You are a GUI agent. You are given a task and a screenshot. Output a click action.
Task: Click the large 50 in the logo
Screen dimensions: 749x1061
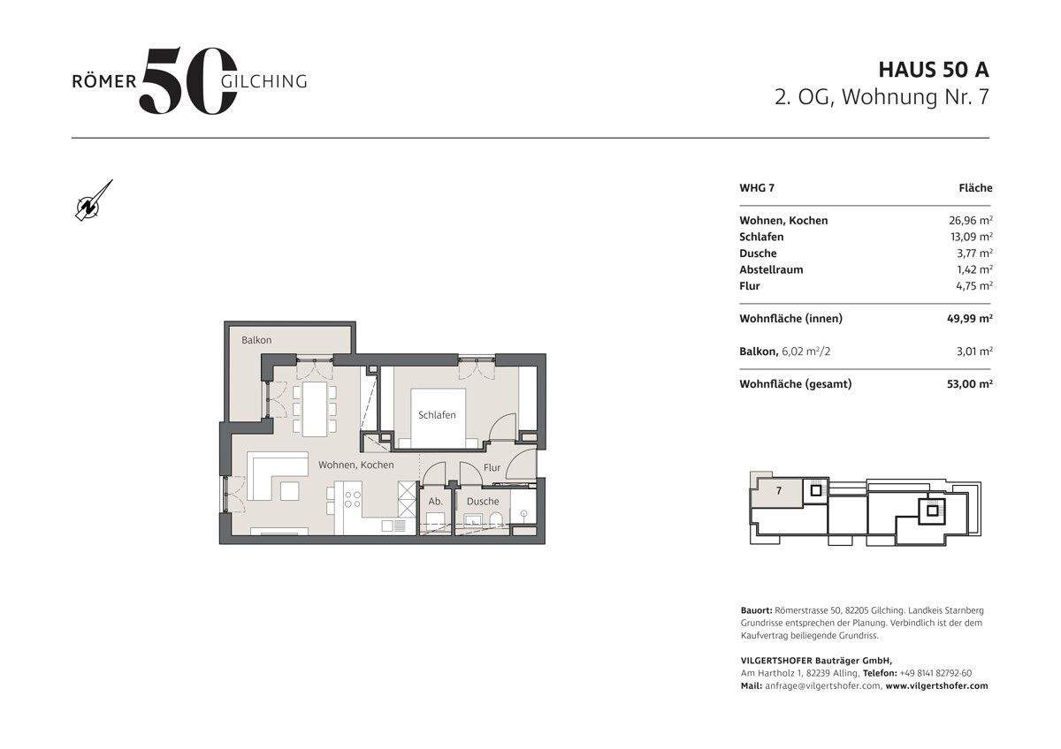click(187, 80)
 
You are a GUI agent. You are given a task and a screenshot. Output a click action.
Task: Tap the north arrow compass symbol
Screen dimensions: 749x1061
click(94, 200)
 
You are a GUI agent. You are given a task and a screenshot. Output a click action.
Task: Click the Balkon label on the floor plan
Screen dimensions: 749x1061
click(256, 340)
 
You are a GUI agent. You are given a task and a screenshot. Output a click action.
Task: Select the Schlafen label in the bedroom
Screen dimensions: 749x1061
click(437, 414)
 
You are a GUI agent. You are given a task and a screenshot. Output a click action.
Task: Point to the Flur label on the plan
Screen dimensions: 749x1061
click(492, 467)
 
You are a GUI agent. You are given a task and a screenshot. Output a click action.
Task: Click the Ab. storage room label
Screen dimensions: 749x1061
click(435, 501)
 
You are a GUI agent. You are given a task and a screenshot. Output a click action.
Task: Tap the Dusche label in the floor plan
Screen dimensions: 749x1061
click(483, 501)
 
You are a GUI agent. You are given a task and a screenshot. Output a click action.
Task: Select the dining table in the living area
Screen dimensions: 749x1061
click(314, 407)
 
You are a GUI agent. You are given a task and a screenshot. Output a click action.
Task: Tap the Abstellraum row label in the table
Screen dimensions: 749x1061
click(771, 269)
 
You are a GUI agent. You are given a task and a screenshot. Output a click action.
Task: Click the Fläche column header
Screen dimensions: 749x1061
click(975, 188)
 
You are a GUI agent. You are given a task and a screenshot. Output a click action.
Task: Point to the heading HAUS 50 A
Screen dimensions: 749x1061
click(933, 69)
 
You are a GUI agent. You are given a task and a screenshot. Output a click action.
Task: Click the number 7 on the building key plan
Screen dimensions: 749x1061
click(779, 491)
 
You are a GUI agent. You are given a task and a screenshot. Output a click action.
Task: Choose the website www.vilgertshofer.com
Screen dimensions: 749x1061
click(936, 685)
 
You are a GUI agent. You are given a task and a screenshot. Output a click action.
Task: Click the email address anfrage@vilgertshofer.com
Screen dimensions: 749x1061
click(822, 685)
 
